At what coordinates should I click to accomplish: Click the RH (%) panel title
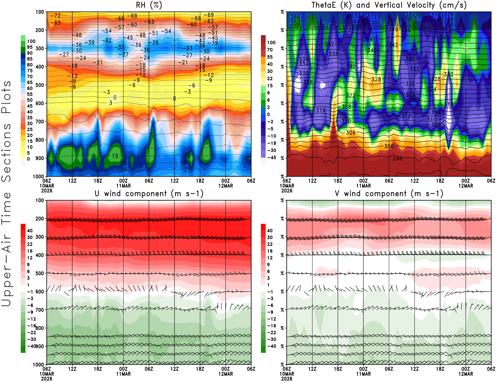(x=149, y=5)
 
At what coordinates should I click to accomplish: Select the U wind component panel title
(x=149, y=194)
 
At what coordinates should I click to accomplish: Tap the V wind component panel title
(x=389, y=194)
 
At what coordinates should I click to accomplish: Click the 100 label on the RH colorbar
(x=31, y=41)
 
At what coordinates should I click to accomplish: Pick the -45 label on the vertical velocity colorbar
(x=271, y=158)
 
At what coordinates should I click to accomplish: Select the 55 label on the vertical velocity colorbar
(x=270, y=57)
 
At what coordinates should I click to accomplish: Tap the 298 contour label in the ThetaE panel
(x=397, y=158)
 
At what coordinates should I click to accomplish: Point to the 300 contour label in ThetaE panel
(x=389, y=146)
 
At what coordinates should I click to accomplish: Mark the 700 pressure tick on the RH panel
(x=40, y=121)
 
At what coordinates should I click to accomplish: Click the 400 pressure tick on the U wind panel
(x=40, y=255)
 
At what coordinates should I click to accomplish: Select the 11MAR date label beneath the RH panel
(x=124, y=186)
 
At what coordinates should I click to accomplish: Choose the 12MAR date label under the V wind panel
(x=466, y=374)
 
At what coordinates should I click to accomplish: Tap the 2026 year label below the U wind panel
(x=47, y=379)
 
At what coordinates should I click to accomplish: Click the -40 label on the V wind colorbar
(x=271, y=346)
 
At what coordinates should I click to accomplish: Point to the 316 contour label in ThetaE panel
(x=321, y=110)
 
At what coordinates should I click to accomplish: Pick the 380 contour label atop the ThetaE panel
(x=410, y=14)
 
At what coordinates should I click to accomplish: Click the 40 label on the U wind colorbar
(x=30, y=231)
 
